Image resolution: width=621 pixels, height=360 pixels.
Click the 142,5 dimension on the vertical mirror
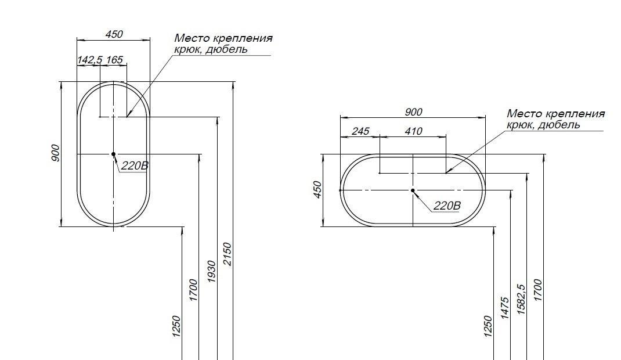click(89, 60)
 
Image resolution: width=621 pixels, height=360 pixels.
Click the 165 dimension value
click(115, 60)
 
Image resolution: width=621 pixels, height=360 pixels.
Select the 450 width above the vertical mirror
click(114, 35)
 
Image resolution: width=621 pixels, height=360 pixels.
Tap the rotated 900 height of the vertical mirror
click(55, 153)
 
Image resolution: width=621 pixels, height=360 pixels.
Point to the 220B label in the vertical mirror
click(135, 166)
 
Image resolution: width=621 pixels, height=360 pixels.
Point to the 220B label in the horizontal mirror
click(447, 206)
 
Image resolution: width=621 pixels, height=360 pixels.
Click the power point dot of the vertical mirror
click(113, 154)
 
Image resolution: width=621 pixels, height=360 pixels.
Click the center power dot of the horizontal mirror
click(413, 190)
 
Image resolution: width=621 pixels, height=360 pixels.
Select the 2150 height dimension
click(228, 254)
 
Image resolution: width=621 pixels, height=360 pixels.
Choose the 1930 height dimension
click(212, 272)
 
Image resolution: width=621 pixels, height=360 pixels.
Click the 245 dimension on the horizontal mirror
click(360, 132)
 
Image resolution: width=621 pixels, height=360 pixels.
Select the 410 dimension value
click(413, 132)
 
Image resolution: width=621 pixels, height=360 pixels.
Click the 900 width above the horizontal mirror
click(413, 112)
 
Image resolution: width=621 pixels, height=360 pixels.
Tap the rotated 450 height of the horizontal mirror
click(317, 190)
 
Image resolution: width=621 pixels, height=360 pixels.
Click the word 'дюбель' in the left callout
click(229, 49)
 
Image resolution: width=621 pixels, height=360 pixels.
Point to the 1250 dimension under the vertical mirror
click(176, 326)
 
